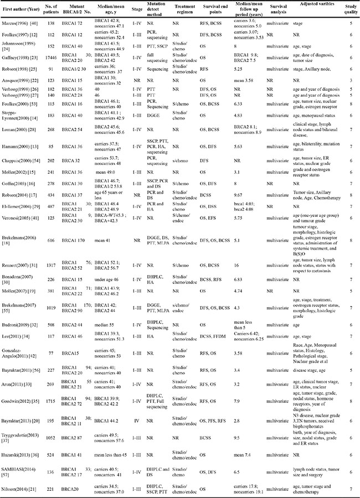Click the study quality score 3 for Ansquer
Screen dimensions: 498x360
coord(349,80)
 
